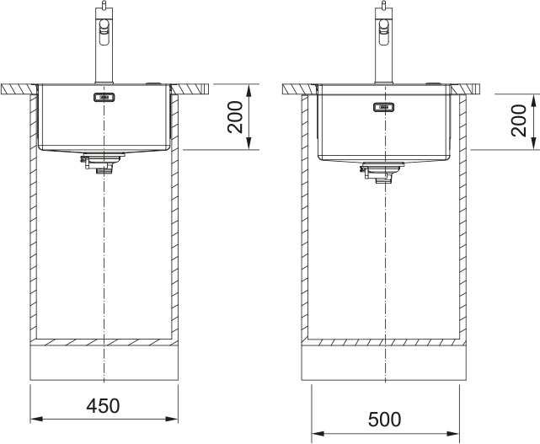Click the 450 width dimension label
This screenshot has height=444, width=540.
click(103, 405)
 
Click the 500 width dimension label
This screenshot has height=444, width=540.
click(385, 420)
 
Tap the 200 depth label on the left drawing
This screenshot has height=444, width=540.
click(236, 117)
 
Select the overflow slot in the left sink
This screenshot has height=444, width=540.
click(104, 98)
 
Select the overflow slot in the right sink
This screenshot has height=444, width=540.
click(383, 108)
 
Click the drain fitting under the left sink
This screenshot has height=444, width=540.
click(101, 163)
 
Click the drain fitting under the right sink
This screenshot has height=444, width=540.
click(382, 172)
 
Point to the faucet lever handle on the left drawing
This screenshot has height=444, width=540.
click(104, 32)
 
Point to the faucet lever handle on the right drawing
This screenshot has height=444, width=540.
click(384, 32)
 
